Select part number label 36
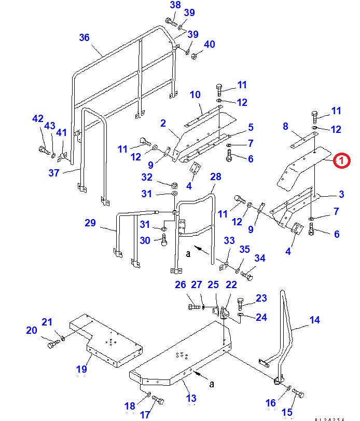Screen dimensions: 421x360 (84, 37)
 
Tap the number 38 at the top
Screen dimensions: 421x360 (175, 6)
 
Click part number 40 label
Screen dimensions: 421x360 (209, 45)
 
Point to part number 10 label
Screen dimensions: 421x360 (195, 94)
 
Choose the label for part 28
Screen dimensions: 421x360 (215, 178)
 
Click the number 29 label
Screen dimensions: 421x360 (91, 223)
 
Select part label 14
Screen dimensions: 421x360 (315, 320)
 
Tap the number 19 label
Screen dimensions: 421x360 (81, 370)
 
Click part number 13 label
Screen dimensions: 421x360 (191, 398)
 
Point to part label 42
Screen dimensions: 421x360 (38, 118)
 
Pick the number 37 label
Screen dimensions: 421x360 (54, 173)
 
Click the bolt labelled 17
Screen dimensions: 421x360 (159, 400)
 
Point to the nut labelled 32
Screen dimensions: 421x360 (174, 185)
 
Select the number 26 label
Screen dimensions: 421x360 (180, 284)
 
